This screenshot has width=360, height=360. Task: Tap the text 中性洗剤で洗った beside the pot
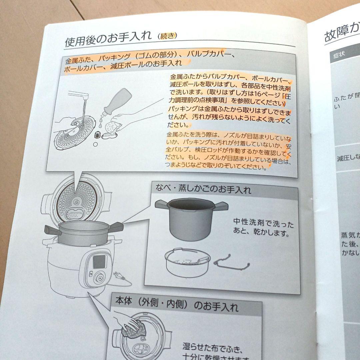[263, 223]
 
